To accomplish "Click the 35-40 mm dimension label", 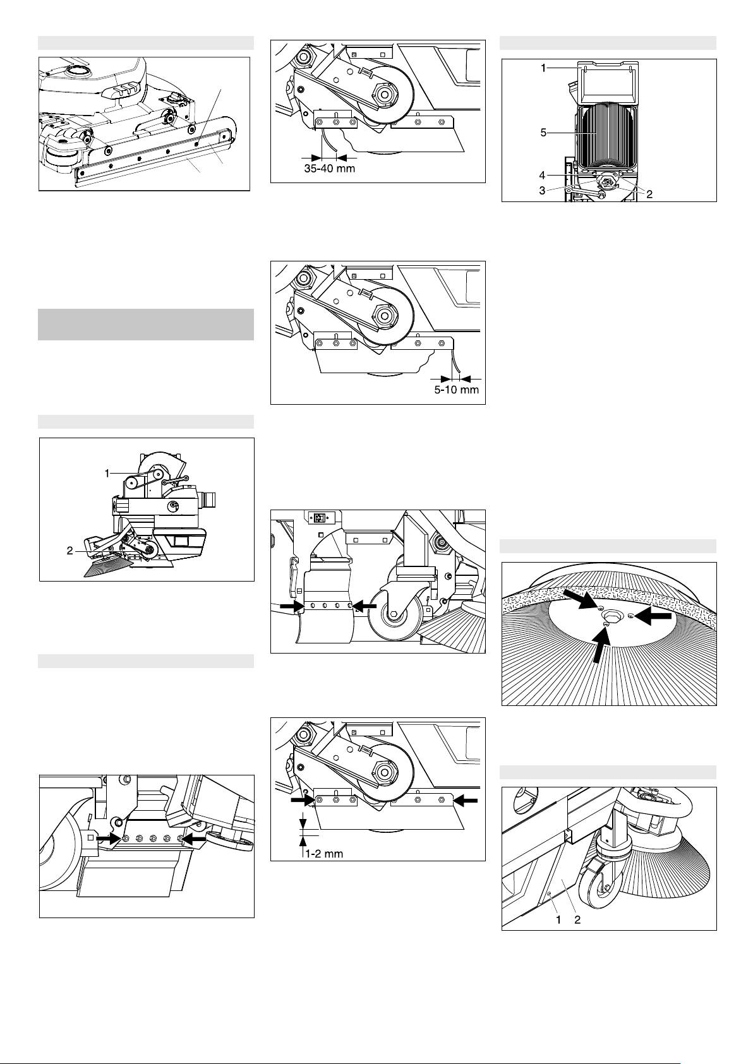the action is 329,168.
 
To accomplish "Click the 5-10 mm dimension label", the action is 457,390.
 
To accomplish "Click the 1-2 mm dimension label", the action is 324,853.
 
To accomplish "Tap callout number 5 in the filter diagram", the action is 543,133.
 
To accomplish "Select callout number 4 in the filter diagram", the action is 543,176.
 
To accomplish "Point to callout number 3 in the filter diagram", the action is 543,191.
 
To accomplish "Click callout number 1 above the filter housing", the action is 543,68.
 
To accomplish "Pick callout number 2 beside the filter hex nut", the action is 649,194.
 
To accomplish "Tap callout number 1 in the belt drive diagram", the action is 107,473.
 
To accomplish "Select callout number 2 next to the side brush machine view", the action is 70,551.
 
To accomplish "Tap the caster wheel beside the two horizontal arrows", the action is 393,614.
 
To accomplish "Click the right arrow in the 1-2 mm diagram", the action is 465,800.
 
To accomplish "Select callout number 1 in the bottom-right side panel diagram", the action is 558,919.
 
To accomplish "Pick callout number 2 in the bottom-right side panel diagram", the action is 577,919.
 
